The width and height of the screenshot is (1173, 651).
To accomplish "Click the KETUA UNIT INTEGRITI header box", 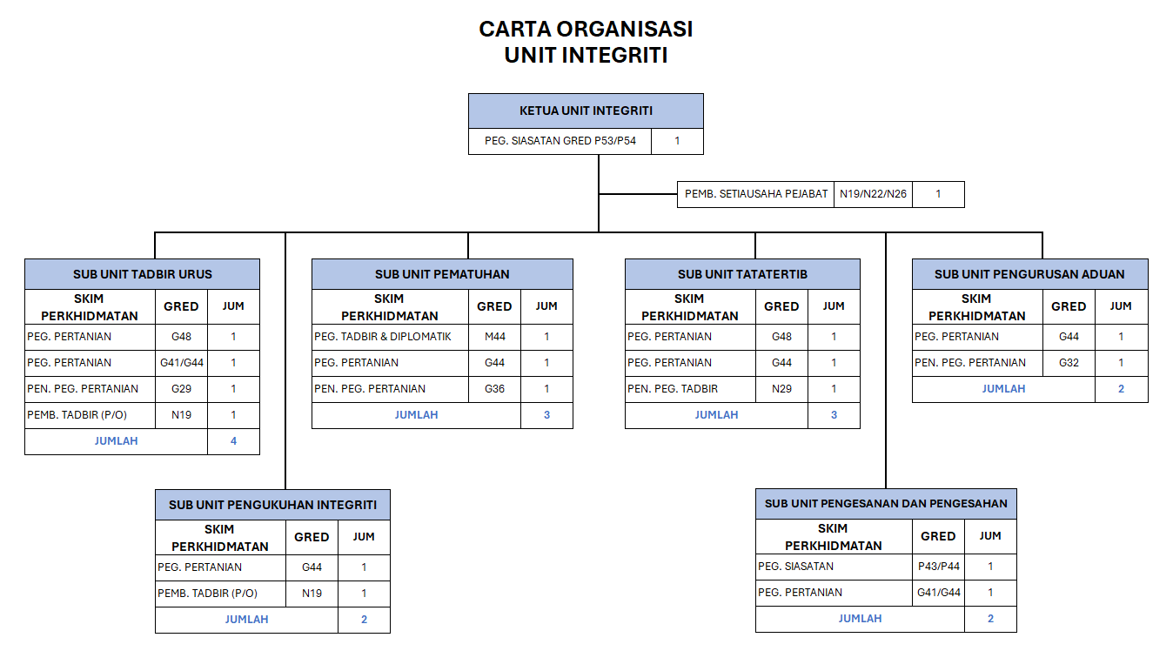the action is (586, 111).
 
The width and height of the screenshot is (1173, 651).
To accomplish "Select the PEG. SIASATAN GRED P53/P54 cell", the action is (560, 141).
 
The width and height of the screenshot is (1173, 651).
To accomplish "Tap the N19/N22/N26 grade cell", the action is (873, 194).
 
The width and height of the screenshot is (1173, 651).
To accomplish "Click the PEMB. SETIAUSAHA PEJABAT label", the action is (755, 194).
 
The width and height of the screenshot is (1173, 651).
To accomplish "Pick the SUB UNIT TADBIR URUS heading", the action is (142, 274).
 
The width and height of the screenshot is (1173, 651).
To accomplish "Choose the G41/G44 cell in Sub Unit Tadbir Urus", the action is (181, 363).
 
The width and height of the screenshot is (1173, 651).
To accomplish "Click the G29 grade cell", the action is (181, 389).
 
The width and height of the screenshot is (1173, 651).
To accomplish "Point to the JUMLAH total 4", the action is (233, 441).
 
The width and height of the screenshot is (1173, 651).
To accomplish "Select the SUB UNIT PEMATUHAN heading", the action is (442, 274).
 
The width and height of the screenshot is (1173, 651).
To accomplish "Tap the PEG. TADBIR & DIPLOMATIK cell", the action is (390, 337).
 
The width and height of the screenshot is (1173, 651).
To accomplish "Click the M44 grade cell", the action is (494, 337).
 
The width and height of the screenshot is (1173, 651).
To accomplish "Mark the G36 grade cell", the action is (494, 389).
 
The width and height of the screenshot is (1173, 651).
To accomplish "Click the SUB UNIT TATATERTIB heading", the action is (742, 274).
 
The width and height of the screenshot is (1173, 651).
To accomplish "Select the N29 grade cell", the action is (781, 389).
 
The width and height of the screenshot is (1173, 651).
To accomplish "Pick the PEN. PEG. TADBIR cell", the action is (690, 389).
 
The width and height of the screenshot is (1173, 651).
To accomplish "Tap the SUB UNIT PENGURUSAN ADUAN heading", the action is (1029, 274).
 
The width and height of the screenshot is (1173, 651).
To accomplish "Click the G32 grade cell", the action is (1069, 363).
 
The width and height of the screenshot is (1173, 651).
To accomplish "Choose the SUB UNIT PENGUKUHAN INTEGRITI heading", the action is (272, 505).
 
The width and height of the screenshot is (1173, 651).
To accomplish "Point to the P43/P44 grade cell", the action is (938, 567).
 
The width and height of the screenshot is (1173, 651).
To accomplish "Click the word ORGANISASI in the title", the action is (624, 30).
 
